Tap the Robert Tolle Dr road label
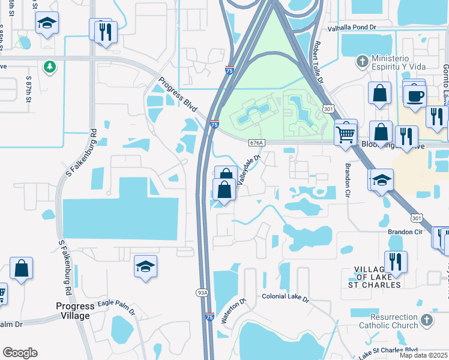pyautogui.click(x=319, y=62)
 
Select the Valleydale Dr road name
pyautogui.click(x=248, y=170)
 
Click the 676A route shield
pyautogui.click(x=256, y=143)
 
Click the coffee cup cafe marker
pyautogui.click(x=414, y=96)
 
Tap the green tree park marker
pyautogui.click(x=49, y=66)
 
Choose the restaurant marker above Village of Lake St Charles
pyautogui.click(x=396, y=261)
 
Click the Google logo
pyautogui.click(x=20, y=353)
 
